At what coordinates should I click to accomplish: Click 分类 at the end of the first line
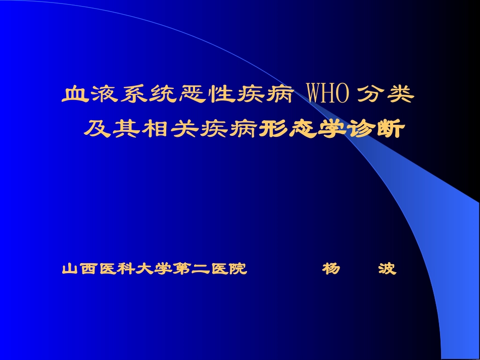(x=385, y=95)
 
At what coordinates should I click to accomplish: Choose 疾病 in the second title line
(x=229, y=129)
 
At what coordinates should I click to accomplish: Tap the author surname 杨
(x=331, y=269)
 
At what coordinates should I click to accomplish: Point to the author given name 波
(x=387, y=269)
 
